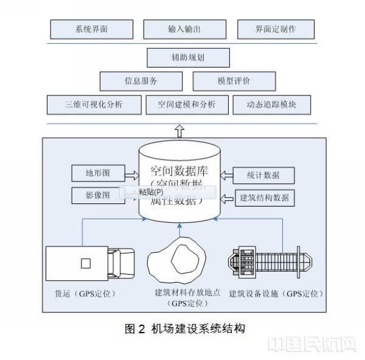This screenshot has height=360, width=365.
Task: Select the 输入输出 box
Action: (x=180, y=29)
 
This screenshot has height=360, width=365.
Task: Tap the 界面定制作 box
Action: (x=276, y=29)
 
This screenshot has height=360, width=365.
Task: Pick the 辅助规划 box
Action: (x=188, y=58)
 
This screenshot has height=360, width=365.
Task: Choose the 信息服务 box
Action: (x=141, y=80)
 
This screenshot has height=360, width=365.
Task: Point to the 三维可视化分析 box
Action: (x=94, y=104)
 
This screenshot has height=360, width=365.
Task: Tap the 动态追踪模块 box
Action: (x=273, y=104)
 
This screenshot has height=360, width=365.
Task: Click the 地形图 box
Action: (x=97, y=174)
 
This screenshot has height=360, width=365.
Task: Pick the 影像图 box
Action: (x=97, y=196)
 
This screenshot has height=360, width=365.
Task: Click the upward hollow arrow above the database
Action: (x=179, y=130)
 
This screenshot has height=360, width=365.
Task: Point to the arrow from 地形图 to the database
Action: (x=131, y=175)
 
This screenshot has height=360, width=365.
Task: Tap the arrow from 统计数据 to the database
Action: (x=226, y=175)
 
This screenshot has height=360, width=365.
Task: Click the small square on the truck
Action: (x=86, y=263)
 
